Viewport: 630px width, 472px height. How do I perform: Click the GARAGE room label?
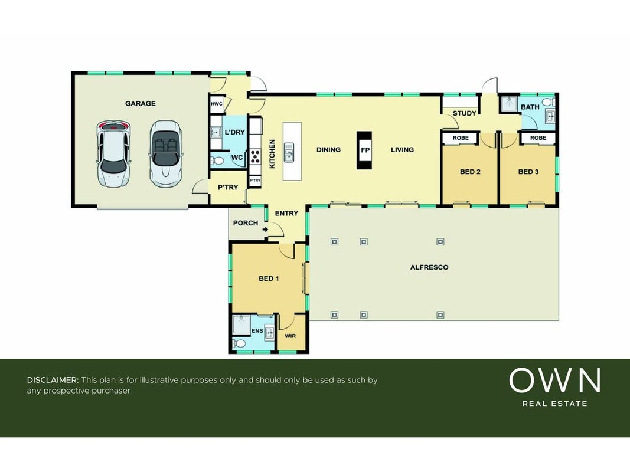(x=140, y=104)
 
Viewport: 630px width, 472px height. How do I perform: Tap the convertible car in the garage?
(x=165, y=154)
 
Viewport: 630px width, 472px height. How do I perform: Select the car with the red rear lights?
(x=114, y=154)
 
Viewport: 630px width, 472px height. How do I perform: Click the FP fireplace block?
(x=364, y=150)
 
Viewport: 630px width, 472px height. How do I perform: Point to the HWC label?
(x=217, y=104)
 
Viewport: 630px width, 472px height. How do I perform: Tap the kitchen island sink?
(x=289, y=153)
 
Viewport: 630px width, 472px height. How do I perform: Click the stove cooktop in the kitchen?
(x=255, y=156)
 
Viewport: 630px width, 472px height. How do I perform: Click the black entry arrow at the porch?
(x=265, y=230)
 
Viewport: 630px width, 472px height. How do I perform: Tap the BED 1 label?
(x=269, y=278)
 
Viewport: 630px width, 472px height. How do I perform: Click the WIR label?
(x=290, y=336)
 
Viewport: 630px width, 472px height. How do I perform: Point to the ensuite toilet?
(x=239, y=343)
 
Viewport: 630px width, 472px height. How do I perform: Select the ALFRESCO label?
(x=429, y=267)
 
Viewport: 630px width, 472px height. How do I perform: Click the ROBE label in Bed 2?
(x=461, y=138)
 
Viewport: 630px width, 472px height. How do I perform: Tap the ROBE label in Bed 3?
(x=538, y=138)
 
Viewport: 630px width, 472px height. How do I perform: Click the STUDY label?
(x=465, y=114)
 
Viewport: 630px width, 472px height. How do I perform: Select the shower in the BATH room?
(x=509, y=104)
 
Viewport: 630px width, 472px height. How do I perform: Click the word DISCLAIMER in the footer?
(x=53, y=380)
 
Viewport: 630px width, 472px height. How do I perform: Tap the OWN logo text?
(x=555, y=381)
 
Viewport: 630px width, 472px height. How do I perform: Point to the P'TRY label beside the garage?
(x=228, y=188)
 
